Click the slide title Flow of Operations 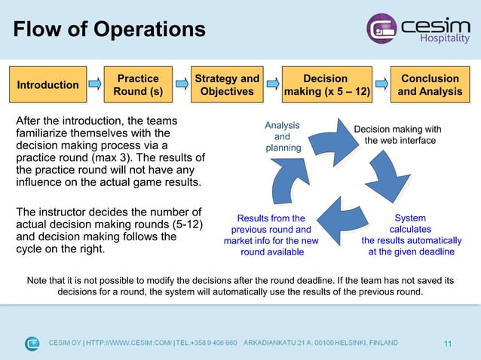109,29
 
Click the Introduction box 47,85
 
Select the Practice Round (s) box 138,85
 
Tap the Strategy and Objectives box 227,85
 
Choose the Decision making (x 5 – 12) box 325,85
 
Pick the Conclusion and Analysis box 430,85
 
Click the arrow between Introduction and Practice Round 95,85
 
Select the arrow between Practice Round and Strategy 181,85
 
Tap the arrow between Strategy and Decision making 271,85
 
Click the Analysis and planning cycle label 282,137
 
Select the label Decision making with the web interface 397,136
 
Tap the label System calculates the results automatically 412,235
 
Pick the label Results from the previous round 271,235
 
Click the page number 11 448,344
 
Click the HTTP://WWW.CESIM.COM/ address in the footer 129,343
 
